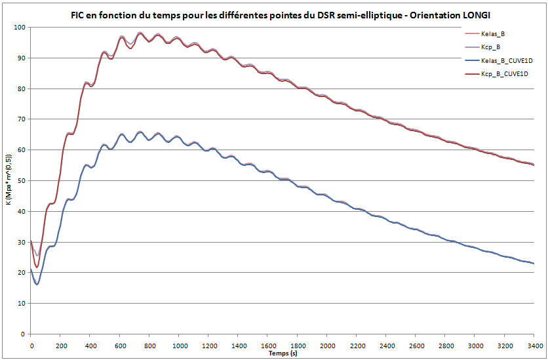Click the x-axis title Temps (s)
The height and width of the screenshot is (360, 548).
[283, 353]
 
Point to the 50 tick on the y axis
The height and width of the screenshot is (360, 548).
[21, 181]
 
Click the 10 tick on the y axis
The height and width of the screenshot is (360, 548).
[21, 304]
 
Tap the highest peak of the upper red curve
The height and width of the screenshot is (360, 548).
[140, 33]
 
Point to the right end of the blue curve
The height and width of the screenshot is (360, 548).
[534, 264]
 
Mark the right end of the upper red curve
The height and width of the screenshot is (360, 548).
[534, 165]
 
